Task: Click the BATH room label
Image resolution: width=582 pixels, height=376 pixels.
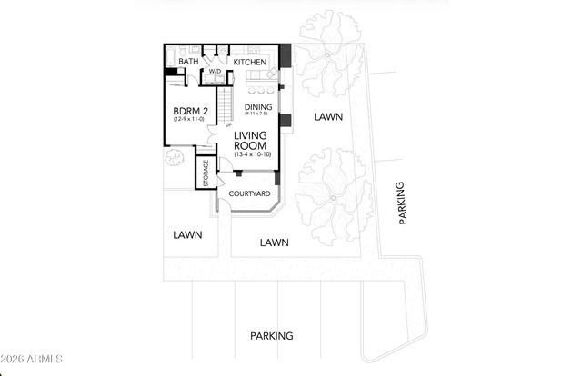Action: [x=188, y=62]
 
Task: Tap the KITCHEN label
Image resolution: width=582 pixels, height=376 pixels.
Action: [x=249, y=62]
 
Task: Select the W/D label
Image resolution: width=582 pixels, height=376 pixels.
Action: [x=216, y=71]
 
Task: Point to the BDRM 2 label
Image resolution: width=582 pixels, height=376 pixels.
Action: [x=190, y=113]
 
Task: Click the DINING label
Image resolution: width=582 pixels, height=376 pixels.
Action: [x=258, y=106]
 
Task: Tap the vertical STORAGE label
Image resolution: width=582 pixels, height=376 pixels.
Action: [x=206, y=173]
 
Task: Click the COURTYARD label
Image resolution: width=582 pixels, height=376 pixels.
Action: [x=248, y=193]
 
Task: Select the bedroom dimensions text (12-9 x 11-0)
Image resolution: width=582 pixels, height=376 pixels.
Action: [x=190, y=124]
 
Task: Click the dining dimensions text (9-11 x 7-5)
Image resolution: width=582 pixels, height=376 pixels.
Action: [x=258, y=114]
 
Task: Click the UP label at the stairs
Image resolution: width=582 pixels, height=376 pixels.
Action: [x=227, y=124]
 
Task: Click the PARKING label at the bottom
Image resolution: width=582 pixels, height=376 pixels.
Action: [x=272, y=335]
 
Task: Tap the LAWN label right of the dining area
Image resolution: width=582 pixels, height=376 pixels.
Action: [x=327, y=116]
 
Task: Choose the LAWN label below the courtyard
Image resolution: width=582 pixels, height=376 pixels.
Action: [x=274, y=242]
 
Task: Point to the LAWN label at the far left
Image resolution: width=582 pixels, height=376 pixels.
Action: [x=186, y=234]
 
